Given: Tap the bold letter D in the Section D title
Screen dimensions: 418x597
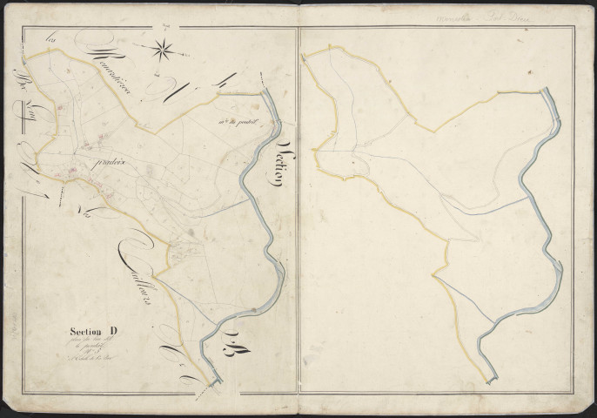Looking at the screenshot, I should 114,330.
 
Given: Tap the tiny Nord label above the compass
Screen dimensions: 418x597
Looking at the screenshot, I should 163,29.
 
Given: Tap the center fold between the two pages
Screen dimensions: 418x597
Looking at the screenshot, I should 298,209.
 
